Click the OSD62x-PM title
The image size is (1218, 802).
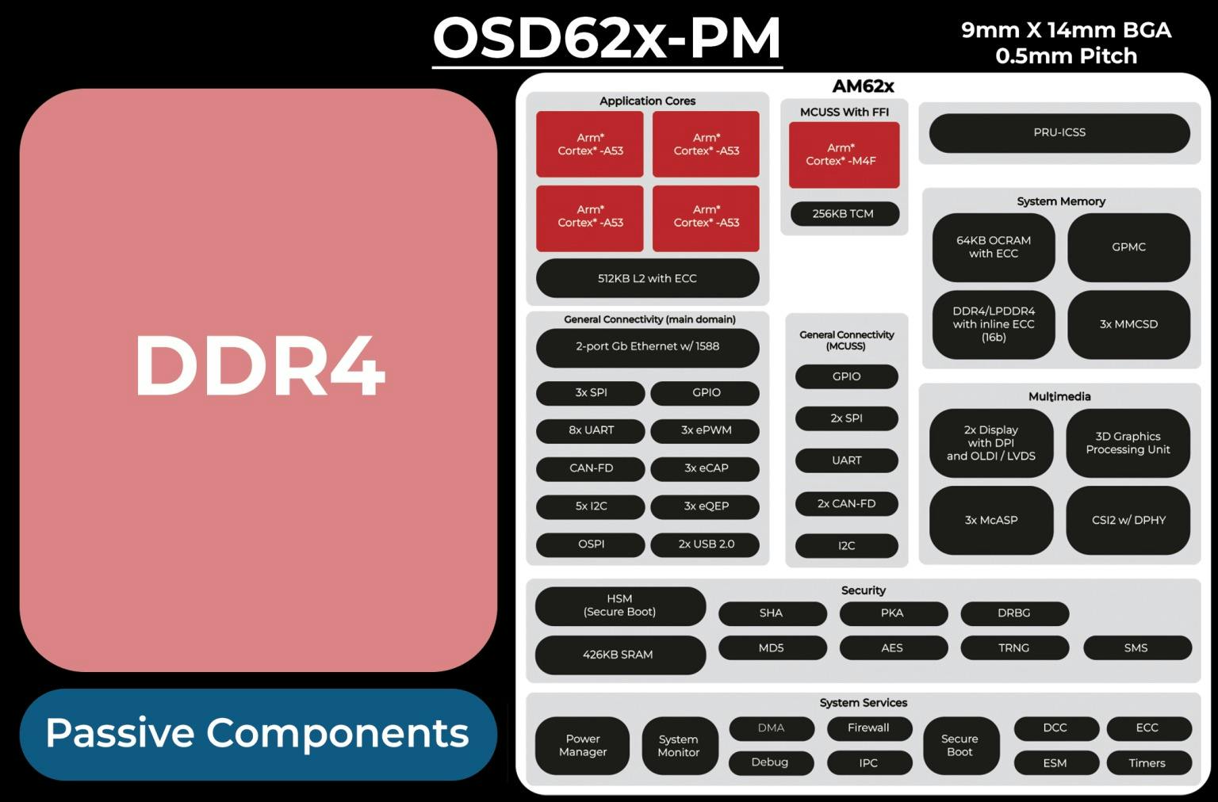coord(607,38)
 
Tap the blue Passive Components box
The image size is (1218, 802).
coord(259,734)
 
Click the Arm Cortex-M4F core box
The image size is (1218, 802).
coord(844,155)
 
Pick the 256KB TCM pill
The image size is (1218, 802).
coord(844,213)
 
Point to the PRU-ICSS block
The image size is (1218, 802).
coord(1059,132)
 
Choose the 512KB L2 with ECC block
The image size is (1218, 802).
coord(647,278)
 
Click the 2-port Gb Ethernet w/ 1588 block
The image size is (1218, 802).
coord(647,346)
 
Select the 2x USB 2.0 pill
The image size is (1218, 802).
coord(705,544)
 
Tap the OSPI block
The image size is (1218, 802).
coord(591,544)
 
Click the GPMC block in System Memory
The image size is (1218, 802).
coord(1128,247)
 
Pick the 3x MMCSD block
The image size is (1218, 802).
coord(1128,324)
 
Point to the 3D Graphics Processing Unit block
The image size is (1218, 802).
coord(1128,443)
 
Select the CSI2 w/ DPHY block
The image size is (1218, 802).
coord(1128,520)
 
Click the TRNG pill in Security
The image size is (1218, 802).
coord(1013,647)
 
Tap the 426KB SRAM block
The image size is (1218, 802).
coord(619,655)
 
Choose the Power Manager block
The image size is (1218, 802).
coord(582,746)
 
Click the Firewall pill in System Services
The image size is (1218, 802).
coord(868,728)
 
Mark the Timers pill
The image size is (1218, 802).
coord(1147,763)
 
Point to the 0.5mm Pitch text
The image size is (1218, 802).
coord(1066,56)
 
